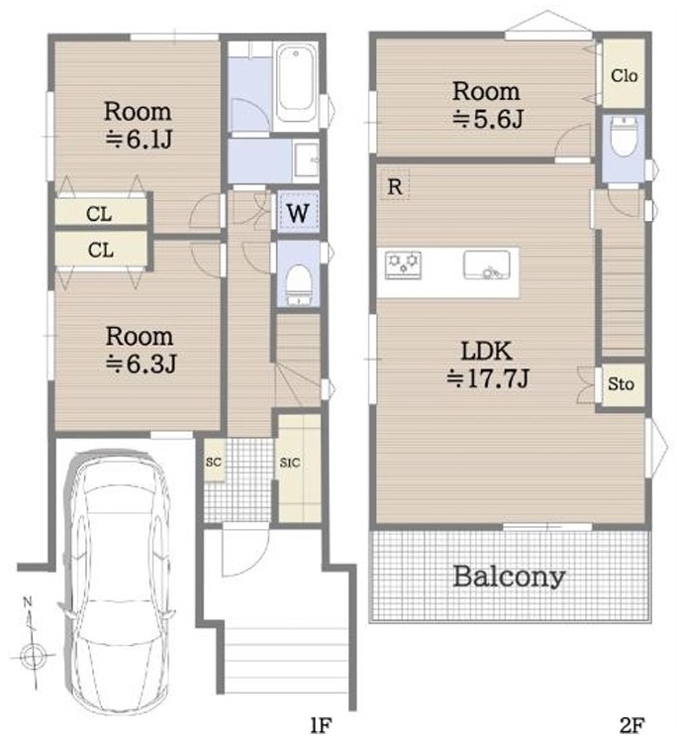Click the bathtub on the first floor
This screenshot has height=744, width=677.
pyautogui.click(x=296, y=83)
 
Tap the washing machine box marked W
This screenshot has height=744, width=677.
pyautogui.click(x=298, y=212)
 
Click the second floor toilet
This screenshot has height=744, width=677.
pyautogui.click(x=624, y=136)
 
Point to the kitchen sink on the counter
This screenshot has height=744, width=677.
pyautogui.click(x=487, y=265)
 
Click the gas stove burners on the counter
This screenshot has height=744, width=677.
pyautogui.click(x=403, y=265)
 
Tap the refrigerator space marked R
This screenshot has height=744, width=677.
pyautogui.click(x=395, y=186)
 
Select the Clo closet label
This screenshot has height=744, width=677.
pyautogui.click(x=624, y=75)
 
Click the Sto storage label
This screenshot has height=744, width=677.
pyautogui.click(x=621, y=383)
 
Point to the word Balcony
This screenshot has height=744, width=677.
pyautogui.click(x=509, y=577)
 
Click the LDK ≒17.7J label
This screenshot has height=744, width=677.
pyautogui.click(x=487, y=365)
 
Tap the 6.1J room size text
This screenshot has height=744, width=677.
pyautogui.click(x=139, y=139)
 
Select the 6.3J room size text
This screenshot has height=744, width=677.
pyautogui.click(x=141, y=364)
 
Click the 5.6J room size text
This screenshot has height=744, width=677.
pyautogui.click(x=487, y=119)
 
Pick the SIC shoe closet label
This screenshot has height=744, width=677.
pyautogui.click(x=290, y=463)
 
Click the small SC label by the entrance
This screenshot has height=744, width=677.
pyautogui.click(x=214, y=462)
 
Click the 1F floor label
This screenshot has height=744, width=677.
pyautogui.click(x=321, y=726)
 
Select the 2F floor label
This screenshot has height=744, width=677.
pyautogui.click(x=631, y=726)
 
